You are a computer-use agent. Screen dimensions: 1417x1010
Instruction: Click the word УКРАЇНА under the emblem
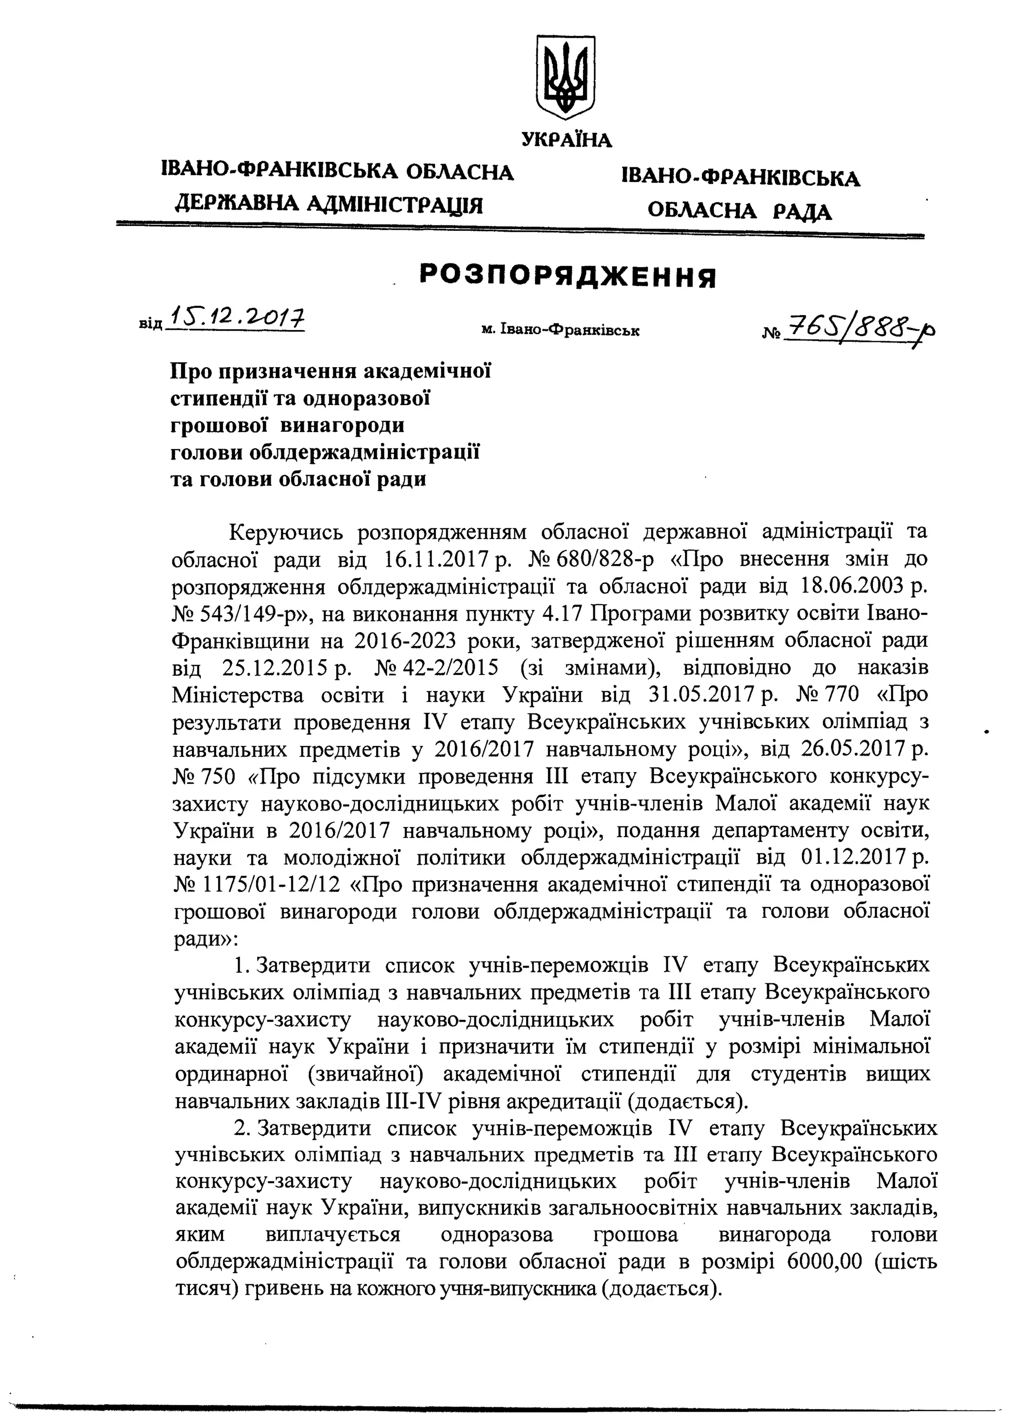(567, 140)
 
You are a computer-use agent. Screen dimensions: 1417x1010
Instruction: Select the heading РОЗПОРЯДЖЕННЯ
(567, 277)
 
